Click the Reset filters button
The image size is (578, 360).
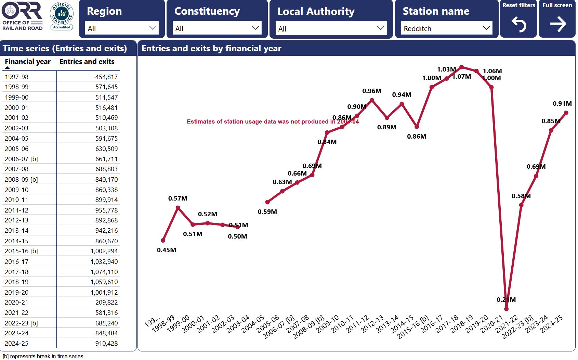click(518, 19)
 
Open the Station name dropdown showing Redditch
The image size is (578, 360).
click(447, 28)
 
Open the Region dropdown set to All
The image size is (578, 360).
click(121, 28)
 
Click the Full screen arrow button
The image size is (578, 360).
click(557, 19)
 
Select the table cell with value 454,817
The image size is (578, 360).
click(106, 77)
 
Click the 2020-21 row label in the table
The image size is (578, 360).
click(17, 303)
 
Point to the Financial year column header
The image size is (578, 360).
click(28, 62)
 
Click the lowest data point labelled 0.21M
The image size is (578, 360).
click(507, 309)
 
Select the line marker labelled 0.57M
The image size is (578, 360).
click(178, 208)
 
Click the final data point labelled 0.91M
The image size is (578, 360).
click(566, 113)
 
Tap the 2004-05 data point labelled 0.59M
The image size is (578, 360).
click(267, 202)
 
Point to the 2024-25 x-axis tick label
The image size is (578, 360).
click(551, 324)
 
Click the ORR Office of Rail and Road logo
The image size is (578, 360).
click(22, 16)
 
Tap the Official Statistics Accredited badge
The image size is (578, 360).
click(62, 16)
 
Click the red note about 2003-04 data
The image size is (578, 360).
click(273, 122)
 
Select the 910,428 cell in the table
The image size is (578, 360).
click(106, 344)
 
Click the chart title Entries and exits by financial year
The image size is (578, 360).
click(211, 49)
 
